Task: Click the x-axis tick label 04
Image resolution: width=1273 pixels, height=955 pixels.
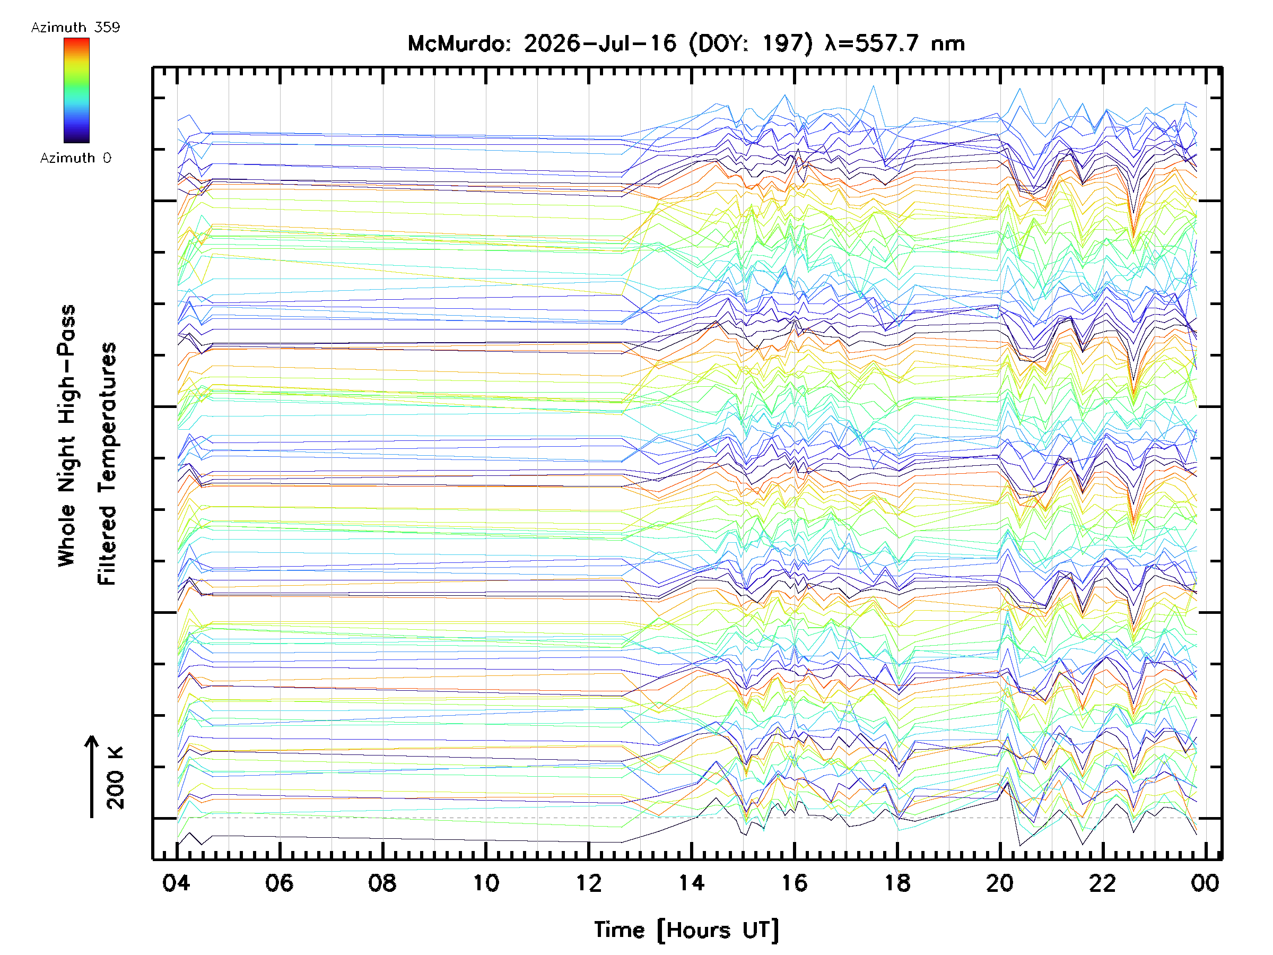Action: point(176,883)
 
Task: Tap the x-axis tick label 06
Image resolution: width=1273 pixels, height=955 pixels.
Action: point(279,883)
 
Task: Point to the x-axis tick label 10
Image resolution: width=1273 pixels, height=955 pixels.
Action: point(486,883)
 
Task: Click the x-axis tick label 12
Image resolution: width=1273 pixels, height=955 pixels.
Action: point(588,883)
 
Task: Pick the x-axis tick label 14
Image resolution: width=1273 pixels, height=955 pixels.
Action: point(691,883)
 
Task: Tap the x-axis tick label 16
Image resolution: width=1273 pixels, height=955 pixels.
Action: point(794,883)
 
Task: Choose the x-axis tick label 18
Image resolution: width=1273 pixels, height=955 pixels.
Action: point(897,883)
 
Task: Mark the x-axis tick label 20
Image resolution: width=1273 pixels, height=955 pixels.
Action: point(1000,883)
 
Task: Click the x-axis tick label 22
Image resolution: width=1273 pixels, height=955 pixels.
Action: point(1103,883)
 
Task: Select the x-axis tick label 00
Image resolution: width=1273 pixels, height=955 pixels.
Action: point(1205,883)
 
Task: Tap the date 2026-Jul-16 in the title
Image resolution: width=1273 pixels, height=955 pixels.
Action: point(600,44)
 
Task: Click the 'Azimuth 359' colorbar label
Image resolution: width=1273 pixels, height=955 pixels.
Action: point(75,27)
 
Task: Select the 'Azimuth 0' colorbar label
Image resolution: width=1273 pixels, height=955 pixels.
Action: point(75,158)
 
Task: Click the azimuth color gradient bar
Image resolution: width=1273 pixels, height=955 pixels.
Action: point(76,90)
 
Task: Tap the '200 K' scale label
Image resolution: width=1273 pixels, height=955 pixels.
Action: point(115,778)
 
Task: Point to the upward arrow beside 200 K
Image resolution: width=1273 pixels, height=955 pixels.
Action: point(92,777)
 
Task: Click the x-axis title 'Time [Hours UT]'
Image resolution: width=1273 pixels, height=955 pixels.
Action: point(686,930)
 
